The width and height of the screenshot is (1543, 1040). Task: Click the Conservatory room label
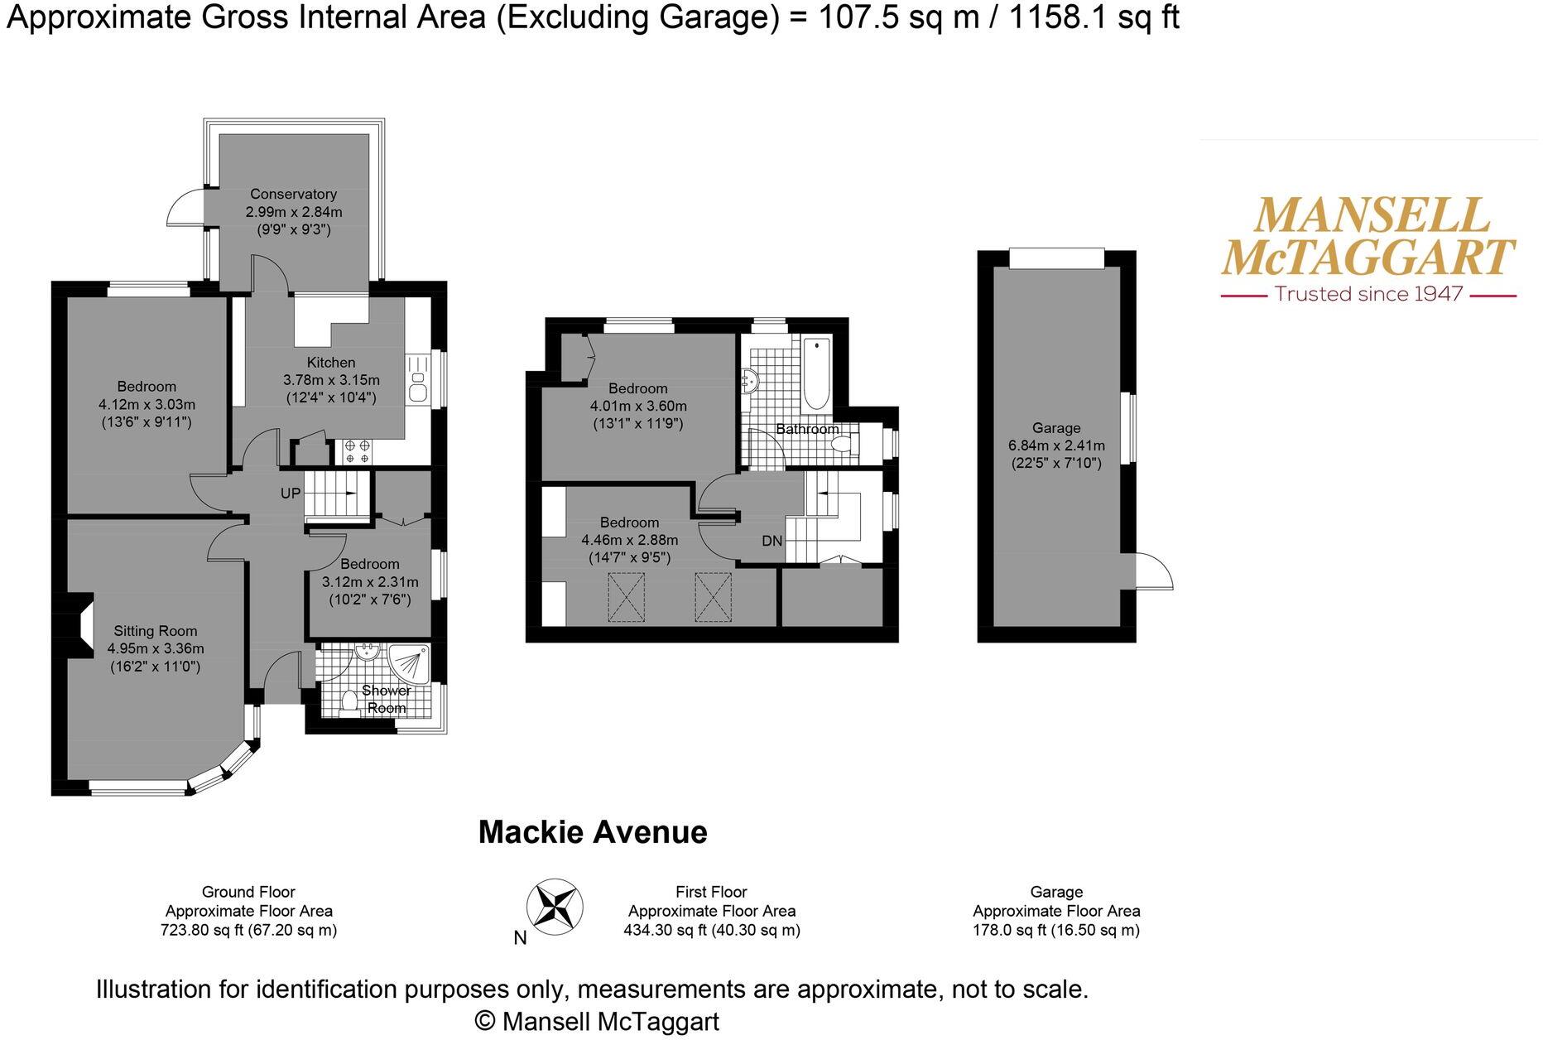(x=294, y=194)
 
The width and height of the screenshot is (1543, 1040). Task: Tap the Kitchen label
(x=331, y=362)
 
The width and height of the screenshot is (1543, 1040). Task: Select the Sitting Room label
(x=156, y=630)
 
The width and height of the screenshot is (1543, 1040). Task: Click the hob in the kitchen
(x=358, y=451)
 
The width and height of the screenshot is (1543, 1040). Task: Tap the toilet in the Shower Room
(x=349, y=702)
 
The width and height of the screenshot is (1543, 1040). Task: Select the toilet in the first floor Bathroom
(x=844, y=445)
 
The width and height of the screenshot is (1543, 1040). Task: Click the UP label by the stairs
(x=291, y=494)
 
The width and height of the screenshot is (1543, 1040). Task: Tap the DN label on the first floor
(x=771, y=541)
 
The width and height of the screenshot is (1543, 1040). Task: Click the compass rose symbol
(x=555, y=905)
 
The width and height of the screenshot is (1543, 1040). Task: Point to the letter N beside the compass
(x=520, y=937)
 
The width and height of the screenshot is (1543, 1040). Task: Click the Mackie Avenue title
(x=593, y=832)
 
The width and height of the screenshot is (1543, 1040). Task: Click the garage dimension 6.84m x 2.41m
(x=1056, y=445)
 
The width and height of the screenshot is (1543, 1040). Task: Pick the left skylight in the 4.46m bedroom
(x=627, y=597)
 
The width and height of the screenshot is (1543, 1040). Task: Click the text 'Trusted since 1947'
(x=1368, y=294)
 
